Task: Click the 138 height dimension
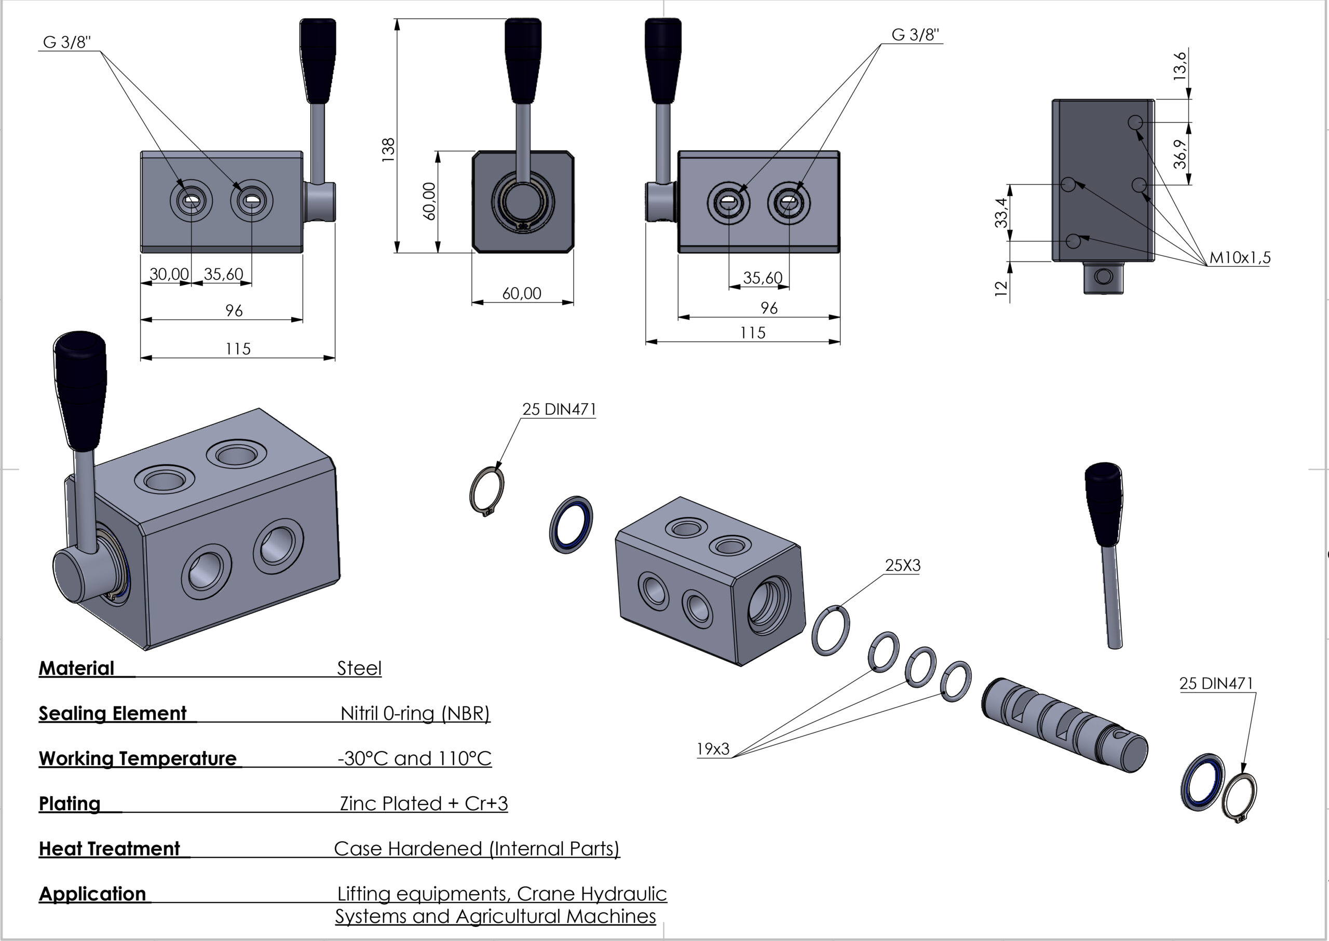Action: (388, 149)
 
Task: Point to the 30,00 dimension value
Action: (169, 274)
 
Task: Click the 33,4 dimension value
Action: (1001, 213)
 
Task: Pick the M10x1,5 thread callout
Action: (1239, 257)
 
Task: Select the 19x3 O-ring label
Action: (712, 749)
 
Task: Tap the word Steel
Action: (359, 669)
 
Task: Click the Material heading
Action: (76, 669)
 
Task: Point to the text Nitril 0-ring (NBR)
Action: (415, 713)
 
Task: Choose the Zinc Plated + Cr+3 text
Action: (424, 803)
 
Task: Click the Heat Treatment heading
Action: (110, 849)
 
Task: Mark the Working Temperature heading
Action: (138, 758)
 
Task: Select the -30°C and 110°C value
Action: (414, 758)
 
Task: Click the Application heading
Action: (92, 894)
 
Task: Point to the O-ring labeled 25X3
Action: (831, 631)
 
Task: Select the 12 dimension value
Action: (1001, 288)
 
